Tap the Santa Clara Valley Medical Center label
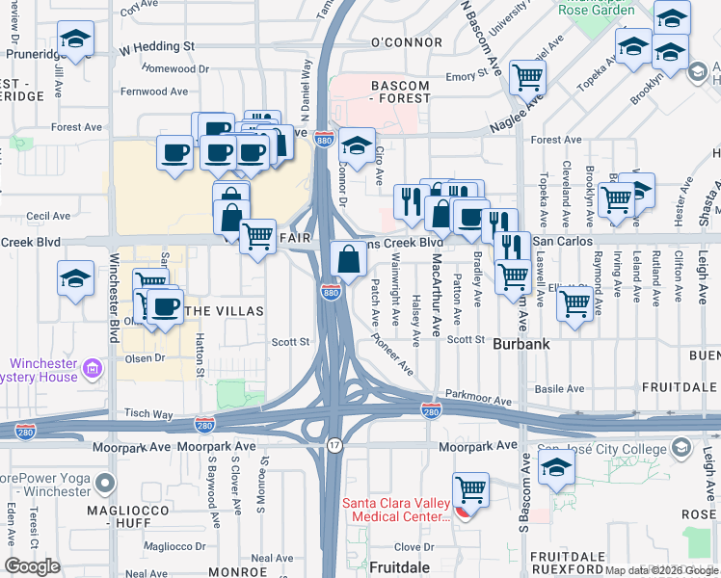[396, 510]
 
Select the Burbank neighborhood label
[521, 343]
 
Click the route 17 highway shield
[334, 446]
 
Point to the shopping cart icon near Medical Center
[470, 490]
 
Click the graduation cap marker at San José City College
[556, 469]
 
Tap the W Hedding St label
[157, 46]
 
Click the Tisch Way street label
[148, 413]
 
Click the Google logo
[33, 566]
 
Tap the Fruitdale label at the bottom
[400, 567]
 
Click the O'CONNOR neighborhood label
[405, 42]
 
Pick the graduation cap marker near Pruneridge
[74, 40]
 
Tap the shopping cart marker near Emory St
[527, 76]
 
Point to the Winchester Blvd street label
[113, 308]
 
